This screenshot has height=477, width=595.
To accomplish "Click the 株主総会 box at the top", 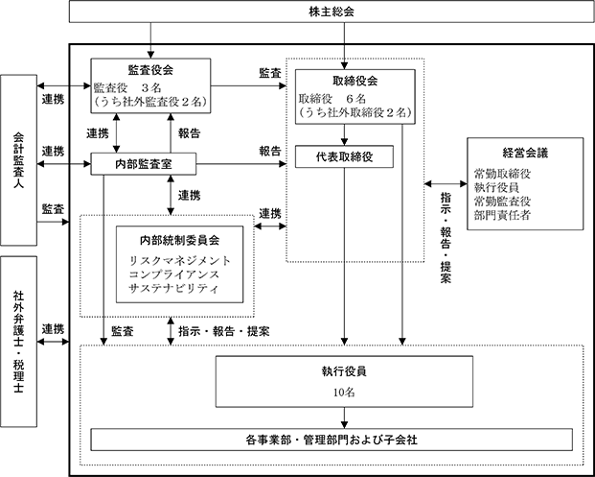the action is [x=332, y=12].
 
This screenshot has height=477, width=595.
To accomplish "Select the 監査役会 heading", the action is [x=150, y=70].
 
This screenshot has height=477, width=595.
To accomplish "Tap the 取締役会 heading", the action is [x=355, y=81].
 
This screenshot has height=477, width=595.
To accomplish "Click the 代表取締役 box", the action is [x=344, y=156].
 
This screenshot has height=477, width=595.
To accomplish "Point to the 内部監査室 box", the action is [x=144, y=164].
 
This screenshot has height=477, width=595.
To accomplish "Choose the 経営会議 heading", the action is [x=525, y=153].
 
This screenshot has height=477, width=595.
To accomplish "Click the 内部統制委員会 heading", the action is [x=179, y=240].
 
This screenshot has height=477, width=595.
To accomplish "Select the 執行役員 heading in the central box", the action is [x=344, y=371].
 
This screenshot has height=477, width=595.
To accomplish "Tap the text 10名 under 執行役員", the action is [x=344, y=393].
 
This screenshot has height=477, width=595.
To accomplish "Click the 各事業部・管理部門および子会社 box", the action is [x=332, y=440].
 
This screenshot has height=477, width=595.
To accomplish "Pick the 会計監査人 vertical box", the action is [x=18, y=160].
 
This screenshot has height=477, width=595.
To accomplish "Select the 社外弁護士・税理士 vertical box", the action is [x=18, y=342].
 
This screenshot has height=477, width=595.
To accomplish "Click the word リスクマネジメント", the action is [x=180, y=261].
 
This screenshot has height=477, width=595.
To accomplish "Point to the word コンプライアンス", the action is [x=174, y=274].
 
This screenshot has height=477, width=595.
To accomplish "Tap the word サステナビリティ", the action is [x=174, y=288].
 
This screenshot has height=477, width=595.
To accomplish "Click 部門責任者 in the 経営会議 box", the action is [x=502, y=215].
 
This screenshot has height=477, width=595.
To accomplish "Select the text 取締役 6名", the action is [x=332, y=99].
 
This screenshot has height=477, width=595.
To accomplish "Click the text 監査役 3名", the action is [x=127, y=88].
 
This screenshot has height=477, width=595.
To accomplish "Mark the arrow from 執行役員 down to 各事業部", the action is [x=344, y=417].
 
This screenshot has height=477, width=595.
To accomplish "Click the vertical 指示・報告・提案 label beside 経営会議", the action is [x=446, y=238].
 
